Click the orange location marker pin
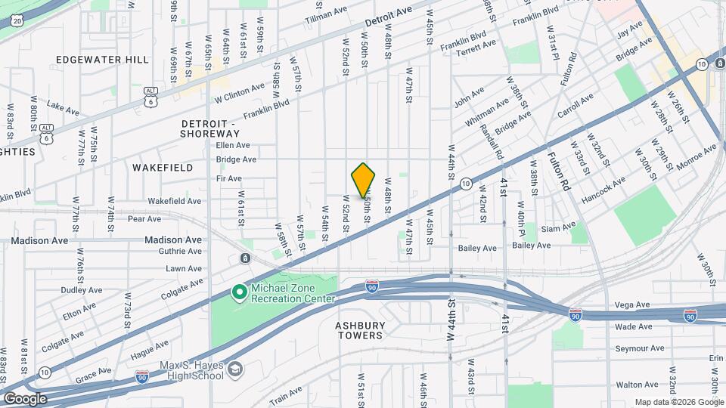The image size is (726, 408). (x=363, y=180)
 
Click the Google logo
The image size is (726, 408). (x=26, y=398)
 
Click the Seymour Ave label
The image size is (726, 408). (x=639, y=348)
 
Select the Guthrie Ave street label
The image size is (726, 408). (x=184, y=254)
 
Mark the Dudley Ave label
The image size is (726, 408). (x=81, y=290)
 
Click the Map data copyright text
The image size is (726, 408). (x=679, y=402)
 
